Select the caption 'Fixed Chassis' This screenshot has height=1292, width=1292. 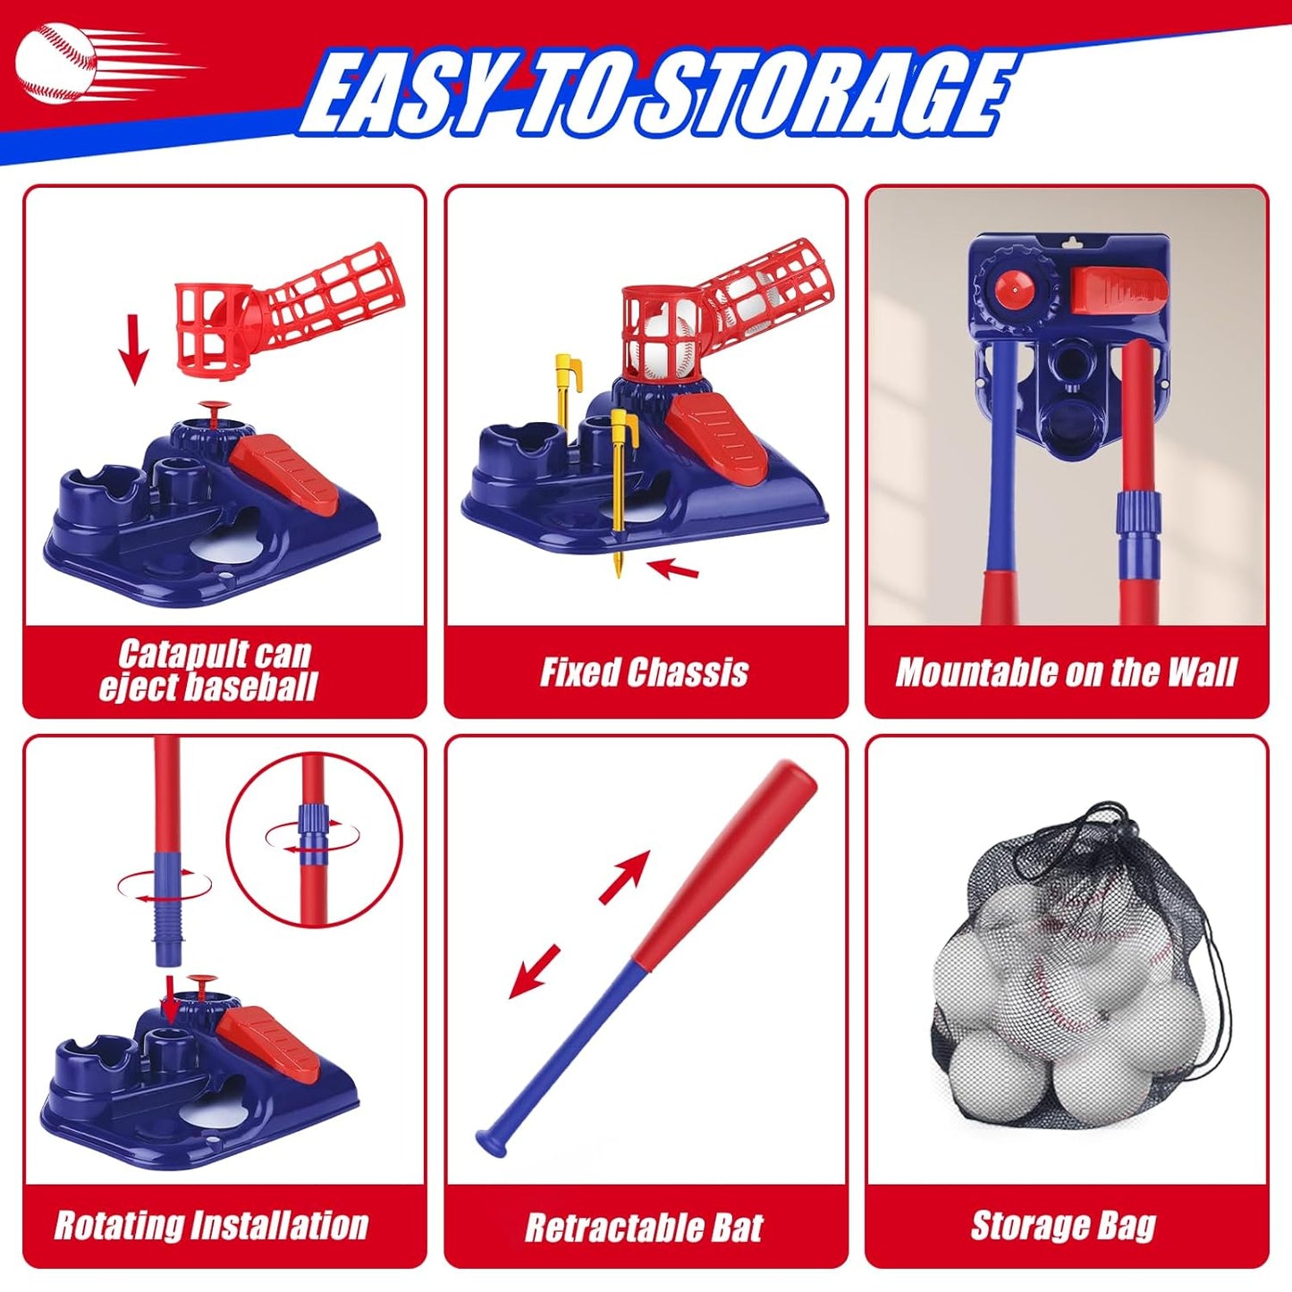click(645, 672)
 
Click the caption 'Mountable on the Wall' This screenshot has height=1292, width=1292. click(1066, 672)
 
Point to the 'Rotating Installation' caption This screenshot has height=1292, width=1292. click(212, 1225)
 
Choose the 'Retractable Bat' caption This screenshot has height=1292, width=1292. click(645, 1228)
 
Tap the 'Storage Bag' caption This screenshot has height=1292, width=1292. click(1064, 1226)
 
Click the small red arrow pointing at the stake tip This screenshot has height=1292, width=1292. click(672, 569)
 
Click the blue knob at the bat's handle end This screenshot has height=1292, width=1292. click(489, 1142)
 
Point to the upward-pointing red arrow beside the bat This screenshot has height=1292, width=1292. click(625, 875)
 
